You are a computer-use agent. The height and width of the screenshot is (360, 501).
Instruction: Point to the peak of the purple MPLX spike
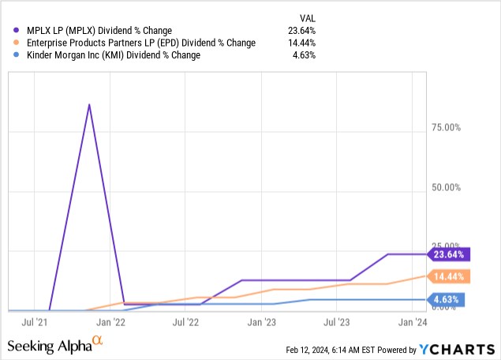[89, 104]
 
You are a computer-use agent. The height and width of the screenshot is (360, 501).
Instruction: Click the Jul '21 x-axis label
[36, 322]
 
